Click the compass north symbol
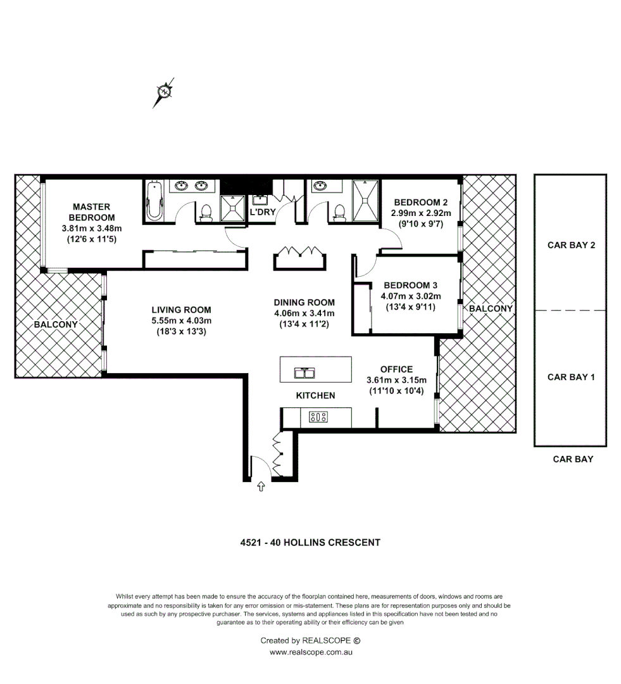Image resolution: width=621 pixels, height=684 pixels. [164, 92]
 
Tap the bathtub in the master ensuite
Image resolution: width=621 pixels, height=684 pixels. [154, 201]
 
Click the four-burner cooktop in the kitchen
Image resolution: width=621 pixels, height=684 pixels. [318, 417]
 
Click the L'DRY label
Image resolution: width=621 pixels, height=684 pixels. [263, 212]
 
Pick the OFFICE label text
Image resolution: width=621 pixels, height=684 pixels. [396, 369]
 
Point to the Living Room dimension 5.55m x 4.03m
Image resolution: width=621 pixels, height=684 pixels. [181, 320]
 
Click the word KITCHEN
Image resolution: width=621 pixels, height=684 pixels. [315, 395]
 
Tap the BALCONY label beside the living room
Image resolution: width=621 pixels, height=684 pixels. [56, 324]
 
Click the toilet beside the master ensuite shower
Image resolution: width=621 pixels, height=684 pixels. [206, 212]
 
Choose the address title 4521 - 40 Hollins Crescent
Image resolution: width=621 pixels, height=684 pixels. [310, 542]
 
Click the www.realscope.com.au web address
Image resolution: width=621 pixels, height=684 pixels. [310, 652]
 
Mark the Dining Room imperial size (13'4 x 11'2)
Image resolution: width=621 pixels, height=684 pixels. [304, 324]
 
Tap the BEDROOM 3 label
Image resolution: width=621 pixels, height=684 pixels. [410, 285]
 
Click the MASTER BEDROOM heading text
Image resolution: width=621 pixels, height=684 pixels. [92, 212]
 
